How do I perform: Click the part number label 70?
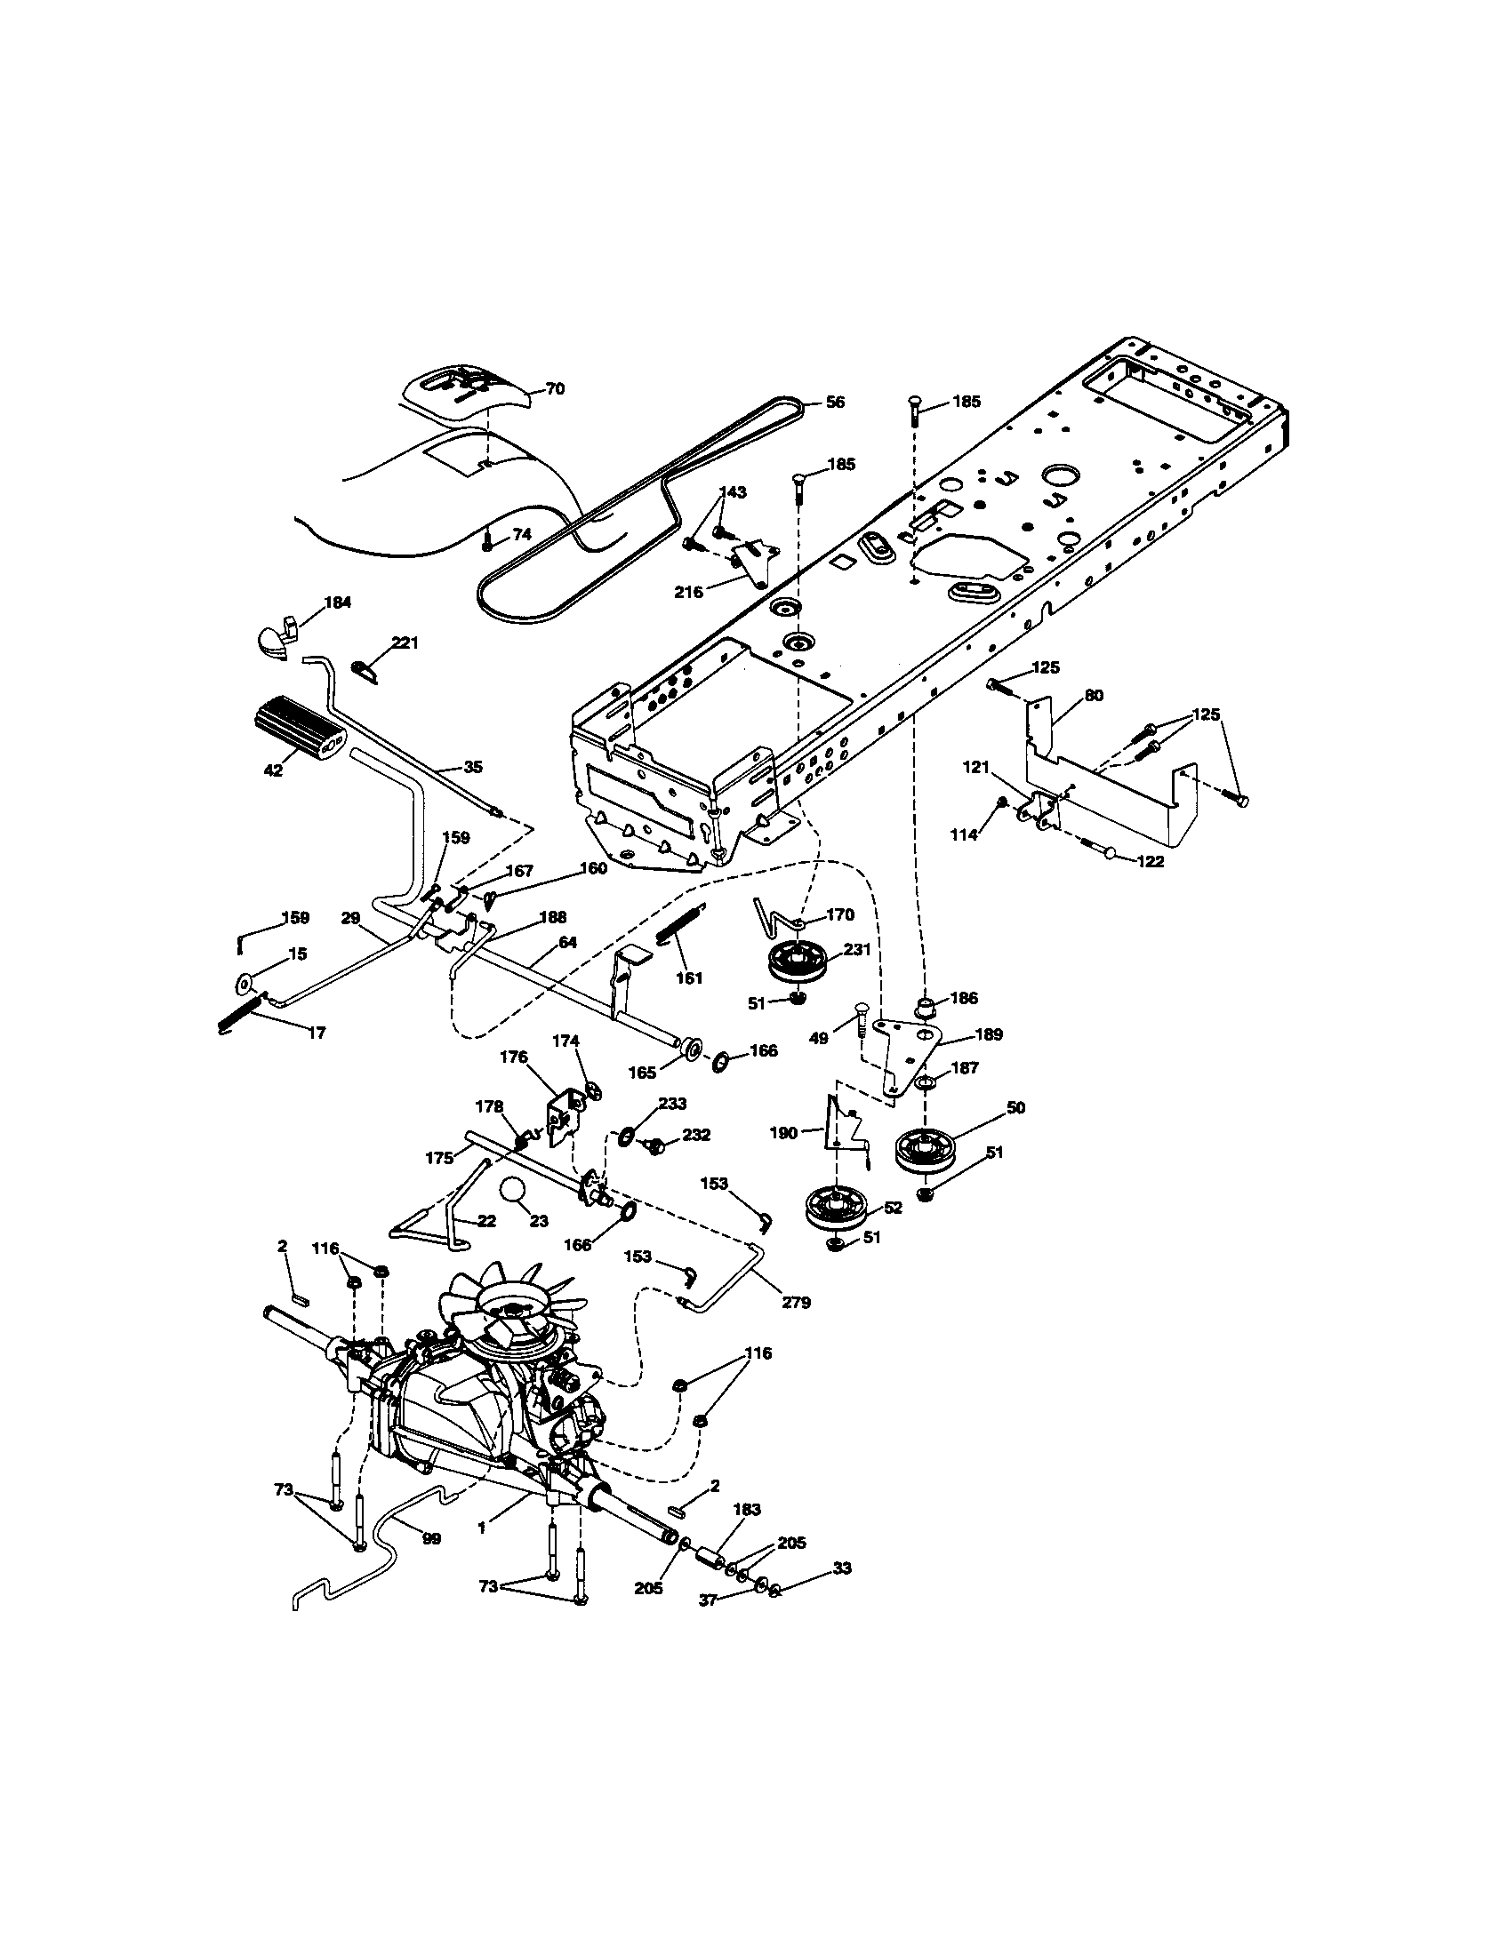pos(555,389)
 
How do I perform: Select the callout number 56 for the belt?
pos(834,403)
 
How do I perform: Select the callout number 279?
pos(796,1303)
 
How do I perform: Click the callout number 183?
pos(746,1509)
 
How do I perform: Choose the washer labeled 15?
pos(244,985)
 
